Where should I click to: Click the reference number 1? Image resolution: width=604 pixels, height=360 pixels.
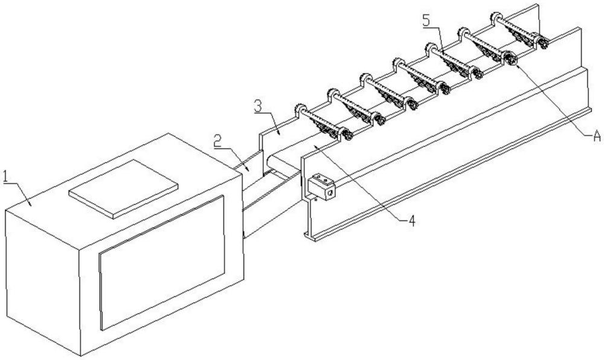coord(6,177)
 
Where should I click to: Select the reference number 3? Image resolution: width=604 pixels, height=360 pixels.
coord(258,106)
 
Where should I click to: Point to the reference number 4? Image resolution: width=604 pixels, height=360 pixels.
coord(412,221)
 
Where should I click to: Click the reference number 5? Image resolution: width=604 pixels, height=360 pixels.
coord(426,21)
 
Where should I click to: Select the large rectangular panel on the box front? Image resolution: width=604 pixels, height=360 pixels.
coord(162,263)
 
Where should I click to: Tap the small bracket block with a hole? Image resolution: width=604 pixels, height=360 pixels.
coord(321,187)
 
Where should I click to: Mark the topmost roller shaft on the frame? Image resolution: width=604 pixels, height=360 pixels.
coord(518,27)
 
